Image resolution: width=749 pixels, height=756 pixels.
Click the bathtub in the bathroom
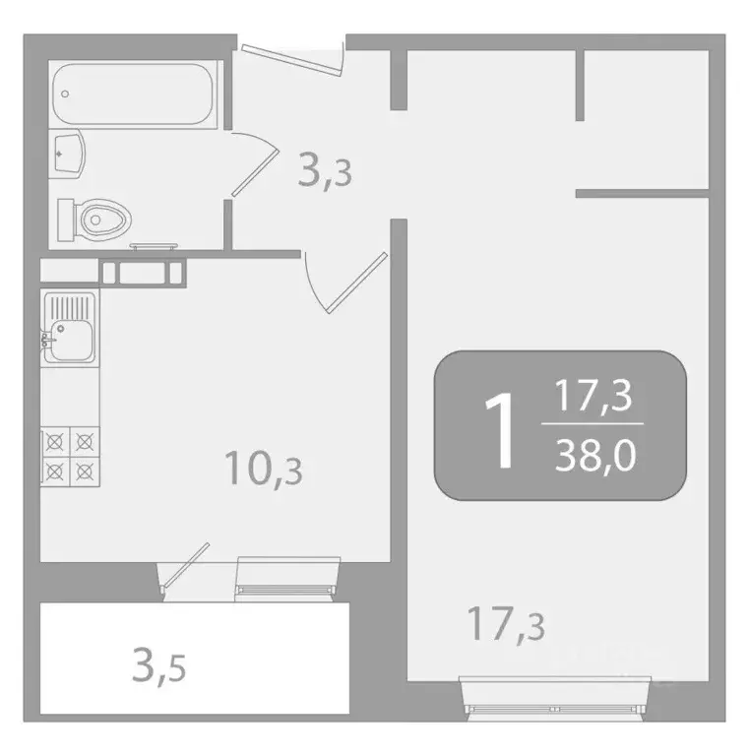(x=136, y=94)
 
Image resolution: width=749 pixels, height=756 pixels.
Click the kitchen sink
(x=69, y=329)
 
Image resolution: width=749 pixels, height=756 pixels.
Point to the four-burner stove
(x=70, y=456)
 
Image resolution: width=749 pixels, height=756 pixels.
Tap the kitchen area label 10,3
(x=263, y=470)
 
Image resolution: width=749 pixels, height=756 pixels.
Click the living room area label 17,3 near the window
(x=506, y=625)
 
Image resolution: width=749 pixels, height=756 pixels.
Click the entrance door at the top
(x=291, y=55)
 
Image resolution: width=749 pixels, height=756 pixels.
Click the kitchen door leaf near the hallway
(x=355, y=282)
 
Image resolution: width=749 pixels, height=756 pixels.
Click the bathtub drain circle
(x=65, y=95)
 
